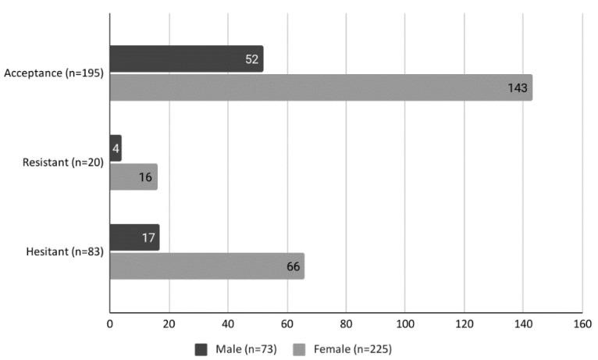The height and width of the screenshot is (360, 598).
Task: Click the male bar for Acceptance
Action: tap(186, 59)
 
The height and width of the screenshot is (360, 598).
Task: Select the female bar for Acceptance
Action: tap(320, 87)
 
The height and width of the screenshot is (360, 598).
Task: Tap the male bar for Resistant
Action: tap(116, 148)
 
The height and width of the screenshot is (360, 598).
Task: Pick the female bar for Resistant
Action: tap(133, 176)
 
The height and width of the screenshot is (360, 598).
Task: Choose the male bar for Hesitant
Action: tap(134, 237)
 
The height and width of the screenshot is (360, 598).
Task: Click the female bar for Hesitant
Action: tap(207, 266)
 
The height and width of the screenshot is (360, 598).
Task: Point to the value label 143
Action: tap(518, 87)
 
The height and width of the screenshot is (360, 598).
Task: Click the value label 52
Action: tap(252, 59)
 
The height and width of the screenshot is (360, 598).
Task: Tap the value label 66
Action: tap(294, 266)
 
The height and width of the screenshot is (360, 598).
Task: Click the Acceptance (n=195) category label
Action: tap(54, 73)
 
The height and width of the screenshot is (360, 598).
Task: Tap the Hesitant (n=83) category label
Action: tap(65, 251)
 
